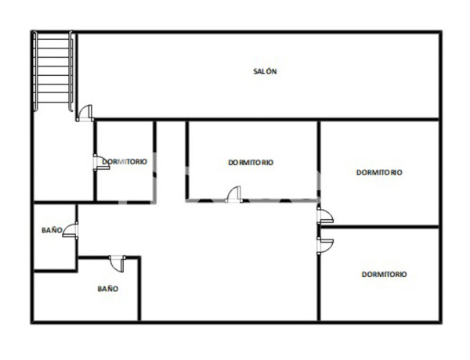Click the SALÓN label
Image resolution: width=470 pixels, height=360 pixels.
tap(266, 71)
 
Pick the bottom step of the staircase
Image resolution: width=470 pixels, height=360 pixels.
tap(54, 106)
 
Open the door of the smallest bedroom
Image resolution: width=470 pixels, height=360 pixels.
tap(99, 162)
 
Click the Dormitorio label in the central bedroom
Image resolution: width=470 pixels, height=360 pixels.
tap(251, 163)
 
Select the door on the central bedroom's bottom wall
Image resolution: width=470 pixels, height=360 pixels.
tap(233, 195)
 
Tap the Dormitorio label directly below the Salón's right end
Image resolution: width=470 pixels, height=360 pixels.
tap(379, 172)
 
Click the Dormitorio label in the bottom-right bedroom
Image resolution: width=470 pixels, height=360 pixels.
tap(384, 275)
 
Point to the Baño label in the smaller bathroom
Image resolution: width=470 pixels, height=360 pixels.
tap(52, 231)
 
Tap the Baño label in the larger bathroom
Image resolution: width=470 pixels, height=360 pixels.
tap(107, 289)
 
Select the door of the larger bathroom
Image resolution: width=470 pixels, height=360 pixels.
tap(117, 262)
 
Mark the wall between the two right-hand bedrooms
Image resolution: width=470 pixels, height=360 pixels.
tap(379, 228)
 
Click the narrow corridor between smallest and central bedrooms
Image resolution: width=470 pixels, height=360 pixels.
tap(171, 160)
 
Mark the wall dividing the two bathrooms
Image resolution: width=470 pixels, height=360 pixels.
tap(55, 271)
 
